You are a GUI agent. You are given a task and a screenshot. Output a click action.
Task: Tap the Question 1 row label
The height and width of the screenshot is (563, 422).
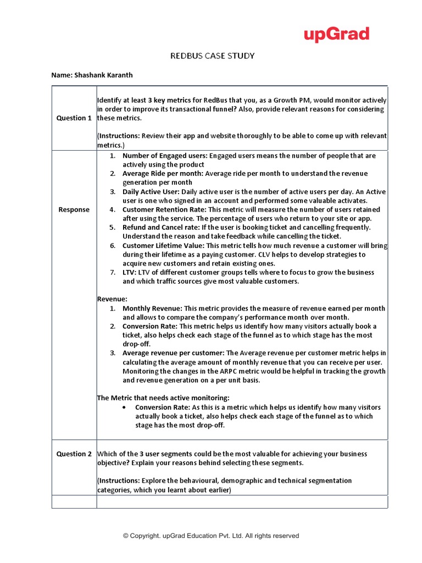(74, 118)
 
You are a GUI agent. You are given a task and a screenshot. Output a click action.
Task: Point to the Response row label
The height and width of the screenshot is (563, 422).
(74, 209)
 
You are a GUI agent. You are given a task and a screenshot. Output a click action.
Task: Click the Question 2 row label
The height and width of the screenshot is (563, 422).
(74, 454)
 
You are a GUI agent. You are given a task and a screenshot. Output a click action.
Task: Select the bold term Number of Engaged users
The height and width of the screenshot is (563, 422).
(164, 156)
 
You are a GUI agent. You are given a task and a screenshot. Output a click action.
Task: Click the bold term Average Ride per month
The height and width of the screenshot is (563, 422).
(162, 173)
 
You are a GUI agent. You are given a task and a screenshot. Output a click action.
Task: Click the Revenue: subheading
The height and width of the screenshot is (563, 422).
(113, 299)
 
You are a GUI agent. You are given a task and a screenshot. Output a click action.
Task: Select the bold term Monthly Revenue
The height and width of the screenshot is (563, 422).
(152, 308)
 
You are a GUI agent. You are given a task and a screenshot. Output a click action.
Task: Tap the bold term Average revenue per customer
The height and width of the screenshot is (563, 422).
(174, 353)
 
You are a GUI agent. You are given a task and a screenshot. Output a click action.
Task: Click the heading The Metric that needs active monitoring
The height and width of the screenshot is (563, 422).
(163, 398)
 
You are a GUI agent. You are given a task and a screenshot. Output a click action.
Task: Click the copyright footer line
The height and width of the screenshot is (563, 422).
(211, 536)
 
